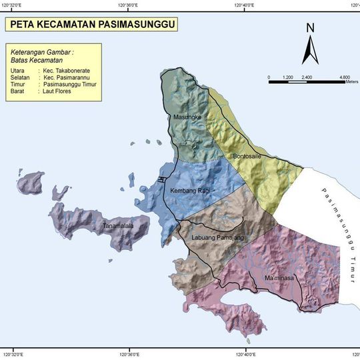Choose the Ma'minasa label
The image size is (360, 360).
point(279,277)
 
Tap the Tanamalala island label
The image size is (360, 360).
point(118,227)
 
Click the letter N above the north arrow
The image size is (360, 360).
point(310,28)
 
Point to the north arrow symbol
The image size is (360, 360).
point(310,50)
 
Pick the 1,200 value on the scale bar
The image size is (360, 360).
point(288,77)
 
